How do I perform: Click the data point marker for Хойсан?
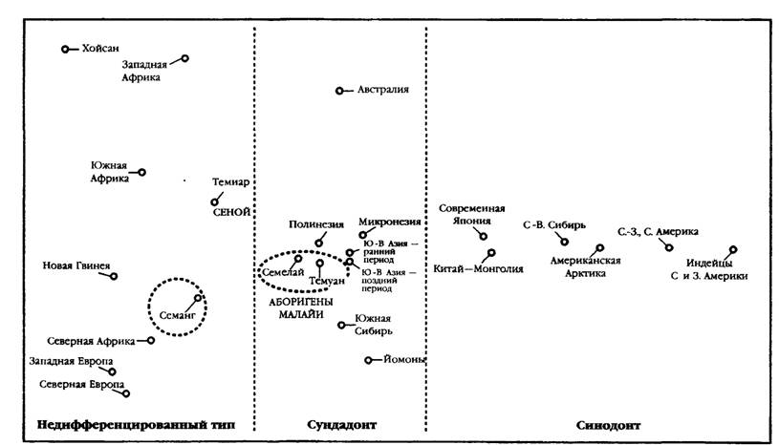(65, 49)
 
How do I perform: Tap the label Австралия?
(383, 90)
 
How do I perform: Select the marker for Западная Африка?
(184, 58)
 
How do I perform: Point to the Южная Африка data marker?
(142, 173)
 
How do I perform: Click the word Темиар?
(231, 182)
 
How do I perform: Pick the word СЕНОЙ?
(231, 212)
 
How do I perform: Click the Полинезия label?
(316, 224)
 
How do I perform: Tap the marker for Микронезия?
(362, 235)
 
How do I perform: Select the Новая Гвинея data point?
(114, 276)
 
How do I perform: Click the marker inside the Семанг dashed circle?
(198, 298)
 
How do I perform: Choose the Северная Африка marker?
(150, 341)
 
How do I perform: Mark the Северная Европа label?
(82, 385)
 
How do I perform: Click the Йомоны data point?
(368, 360)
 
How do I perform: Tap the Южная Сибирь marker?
(341, 326)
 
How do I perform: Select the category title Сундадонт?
(342, 425)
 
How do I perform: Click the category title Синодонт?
(608, 426)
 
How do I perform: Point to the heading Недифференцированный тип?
(136, 425)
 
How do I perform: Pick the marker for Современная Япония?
(484, 237)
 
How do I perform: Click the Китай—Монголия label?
(479, 269)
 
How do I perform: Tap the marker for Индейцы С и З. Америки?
(733, 249)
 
